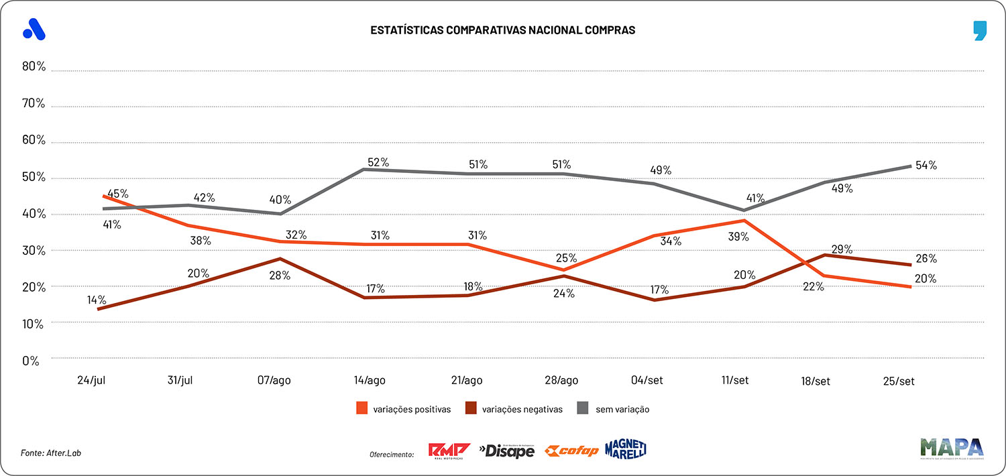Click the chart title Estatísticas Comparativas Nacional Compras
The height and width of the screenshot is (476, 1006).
(x=502, y=30)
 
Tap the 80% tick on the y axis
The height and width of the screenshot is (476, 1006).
(x=33, y=67)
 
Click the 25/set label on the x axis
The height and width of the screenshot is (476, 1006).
(x=898, y=381)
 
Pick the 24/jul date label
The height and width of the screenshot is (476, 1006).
(x=92, y=380)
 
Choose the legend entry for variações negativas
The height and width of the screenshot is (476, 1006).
(x=514, y=408)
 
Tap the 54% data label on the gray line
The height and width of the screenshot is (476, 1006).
(x=926, y=165)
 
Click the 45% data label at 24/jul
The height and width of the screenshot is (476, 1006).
(x=117, y=194)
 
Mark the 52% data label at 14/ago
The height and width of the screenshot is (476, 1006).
(x=378, y=162)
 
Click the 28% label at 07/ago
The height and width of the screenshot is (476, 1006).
(x=280, y=275)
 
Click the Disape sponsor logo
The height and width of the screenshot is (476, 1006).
(x=506, y=451)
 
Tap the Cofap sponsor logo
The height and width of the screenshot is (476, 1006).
(x=571, y=451)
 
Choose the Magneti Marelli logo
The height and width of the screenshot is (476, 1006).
(x=625, y=449)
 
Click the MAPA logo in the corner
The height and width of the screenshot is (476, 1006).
(x=952, y=449)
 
